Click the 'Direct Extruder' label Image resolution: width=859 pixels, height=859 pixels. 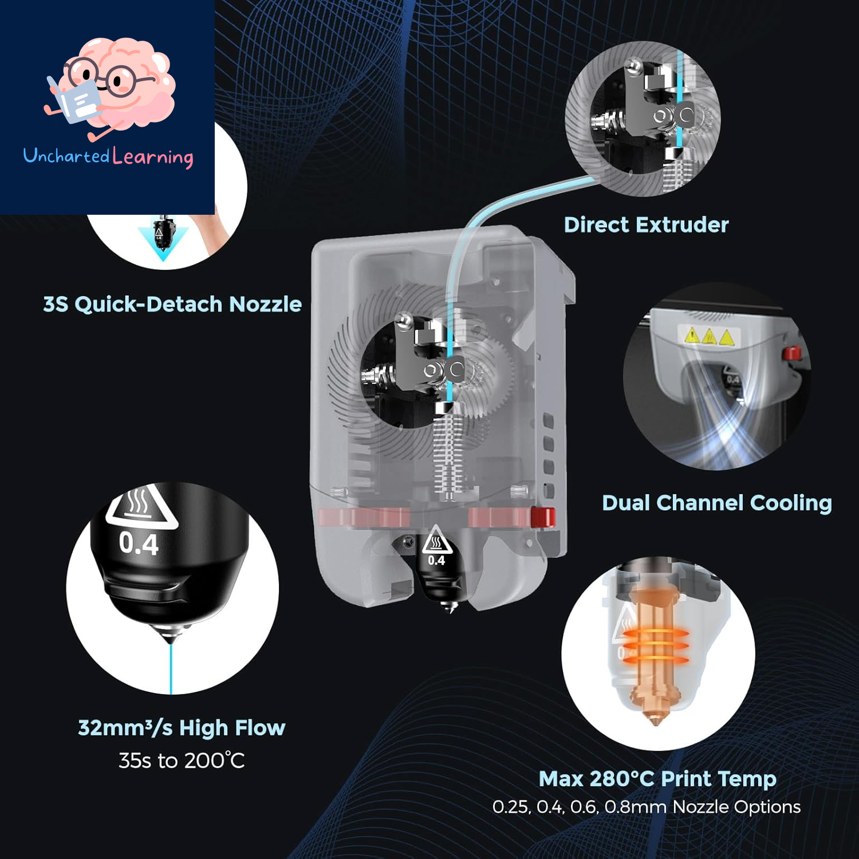coord(646,224)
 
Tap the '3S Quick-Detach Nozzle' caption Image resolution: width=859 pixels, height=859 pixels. coord(172,304)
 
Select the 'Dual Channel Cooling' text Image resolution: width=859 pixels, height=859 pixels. coord(716,503)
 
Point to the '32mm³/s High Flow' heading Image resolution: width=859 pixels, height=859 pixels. coord(182,728)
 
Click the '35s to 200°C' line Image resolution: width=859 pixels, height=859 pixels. coord(182,761)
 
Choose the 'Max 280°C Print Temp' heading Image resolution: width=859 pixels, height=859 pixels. coord(657,779)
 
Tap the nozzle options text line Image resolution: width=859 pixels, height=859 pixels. coord(647,807)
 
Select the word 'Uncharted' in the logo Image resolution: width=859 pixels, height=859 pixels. coord(66,155)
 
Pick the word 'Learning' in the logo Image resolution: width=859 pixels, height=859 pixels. coord(153,157)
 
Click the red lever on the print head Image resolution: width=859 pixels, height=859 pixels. coord(542,517)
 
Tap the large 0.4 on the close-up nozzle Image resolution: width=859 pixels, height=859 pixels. coord(139,543)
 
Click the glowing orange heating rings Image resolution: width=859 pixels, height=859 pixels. coord(655,646)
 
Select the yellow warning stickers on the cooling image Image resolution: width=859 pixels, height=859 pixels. coord(710,336)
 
